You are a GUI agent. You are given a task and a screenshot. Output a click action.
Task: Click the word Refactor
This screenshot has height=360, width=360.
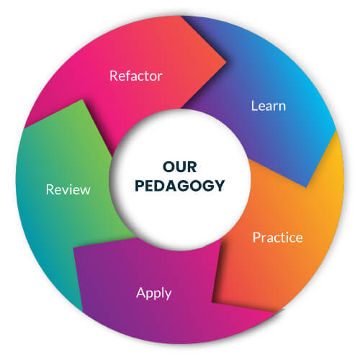[136, 76]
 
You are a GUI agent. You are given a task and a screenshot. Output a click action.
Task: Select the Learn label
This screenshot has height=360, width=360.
[269, 106]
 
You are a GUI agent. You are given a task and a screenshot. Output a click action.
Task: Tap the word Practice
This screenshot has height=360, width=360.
[278, 238]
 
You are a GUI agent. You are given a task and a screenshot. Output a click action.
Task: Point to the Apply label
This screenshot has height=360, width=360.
[154, 293]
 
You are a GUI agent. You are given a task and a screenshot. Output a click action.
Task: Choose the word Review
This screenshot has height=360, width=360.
[68, 189]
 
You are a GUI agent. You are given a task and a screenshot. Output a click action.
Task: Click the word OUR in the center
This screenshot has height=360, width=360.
[180, 167]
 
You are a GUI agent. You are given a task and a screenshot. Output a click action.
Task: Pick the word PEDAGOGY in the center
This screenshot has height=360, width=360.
[180, 186]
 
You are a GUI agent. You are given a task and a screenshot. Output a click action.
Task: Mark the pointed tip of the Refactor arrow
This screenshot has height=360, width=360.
[226, 62]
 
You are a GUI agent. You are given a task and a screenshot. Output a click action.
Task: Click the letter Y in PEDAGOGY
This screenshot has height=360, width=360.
[219, 186]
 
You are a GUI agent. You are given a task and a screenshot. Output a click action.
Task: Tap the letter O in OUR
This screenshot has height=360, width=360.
[168, 167]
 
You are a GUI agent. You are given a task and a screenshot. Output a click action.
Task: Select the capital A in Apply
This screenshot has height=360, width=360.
[140, 292]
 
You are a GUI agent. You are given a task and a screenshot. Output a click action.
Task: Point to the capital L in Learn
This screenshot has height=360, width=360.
[254, 106]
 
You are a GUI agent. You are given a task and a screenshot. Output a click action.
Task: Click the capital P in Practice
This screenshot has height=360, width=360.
[256, 238]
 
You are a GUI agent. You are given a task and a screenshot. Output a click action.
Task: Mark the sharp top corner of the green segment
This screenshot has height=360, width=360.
[83, 99]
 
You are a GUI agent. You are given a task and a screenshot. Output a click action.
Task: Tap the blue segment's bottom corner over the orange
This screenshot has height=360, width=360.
[307, 187]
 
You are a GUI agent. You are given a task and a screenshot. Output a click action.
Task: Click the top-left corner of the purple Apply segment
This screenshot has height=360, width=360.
[73, 247]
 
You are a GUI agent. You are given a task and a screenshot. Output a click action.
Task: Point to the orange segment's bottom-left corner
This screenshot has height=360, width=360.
[212, 301]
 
